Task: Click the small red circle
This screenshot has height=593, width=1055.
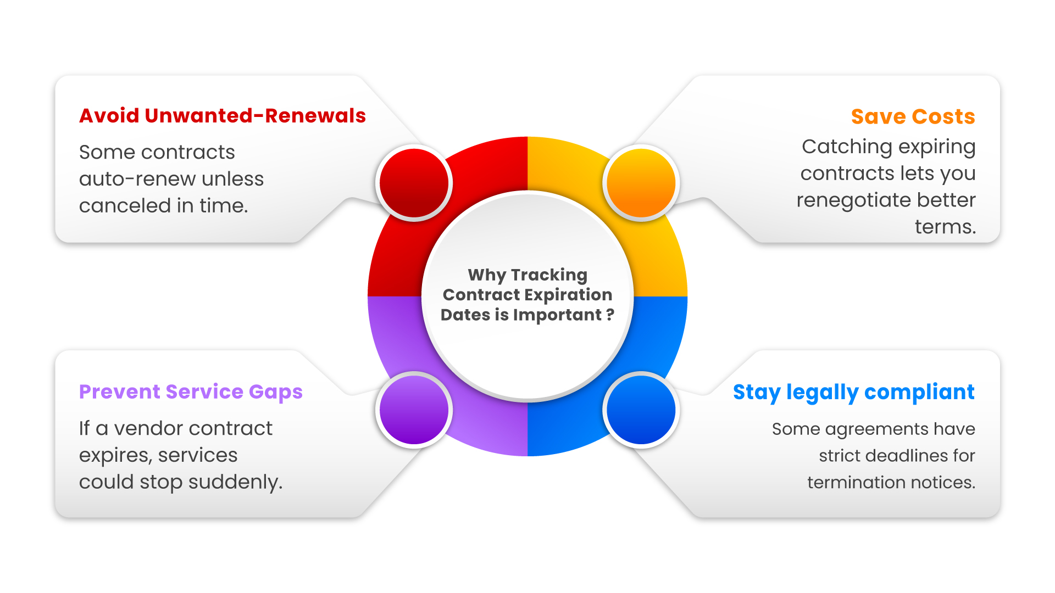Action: tap(414, 183)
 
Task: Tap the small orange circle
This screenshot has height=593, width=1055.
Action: tap(641, 183)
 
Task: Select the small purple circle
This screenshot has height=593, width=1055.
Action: tap(414, 410)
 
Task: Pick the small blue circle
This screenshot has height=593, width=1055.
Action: tap(641, 410)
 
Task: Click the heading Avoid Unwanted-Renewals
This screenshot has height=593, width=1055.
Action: tap(223, 116)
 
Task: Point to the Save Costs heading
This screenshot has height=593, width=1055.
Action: tap(913, 117)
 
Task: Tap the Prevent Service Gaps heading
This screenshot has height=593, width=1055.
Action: tap(191, 392)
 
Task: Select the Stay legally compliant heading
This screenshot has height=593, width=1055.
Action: tap(853, 393)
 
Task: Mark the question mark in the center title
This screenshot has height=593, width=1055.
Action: tap(610, 315)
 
